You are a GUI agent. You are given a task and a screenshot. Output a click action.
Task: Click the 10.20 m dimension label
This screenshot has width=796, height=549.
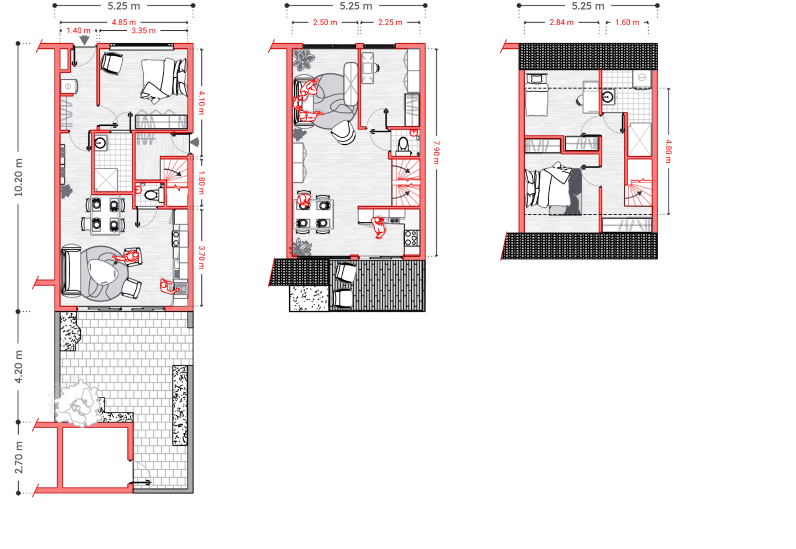[18, 178]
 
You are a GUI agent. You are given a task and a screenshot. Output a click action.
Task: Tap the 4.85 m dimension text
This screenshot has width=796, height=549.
[124, 22]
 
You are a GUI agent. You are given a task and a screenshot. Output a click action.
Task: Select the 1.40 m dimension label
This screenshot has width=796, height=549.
[78, 31]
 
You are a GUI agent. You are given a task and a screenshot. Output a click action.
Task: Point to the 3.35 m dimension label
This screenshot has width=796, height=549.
[143, 31]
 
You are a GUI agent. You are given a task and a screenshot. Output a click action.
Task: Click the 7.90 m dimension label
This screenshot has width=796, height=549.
[437, 153]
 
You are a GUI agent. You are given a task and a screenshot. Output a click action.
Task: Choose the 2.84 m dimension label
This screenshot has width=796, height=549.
[562, 22]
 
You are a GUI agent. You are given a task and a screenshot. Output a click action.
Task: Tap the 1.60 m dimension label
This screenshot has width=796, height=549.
[627, 22]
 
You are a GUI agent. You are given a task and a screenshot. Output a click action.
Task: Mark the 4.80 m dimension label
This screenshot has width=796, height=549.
[669, 152]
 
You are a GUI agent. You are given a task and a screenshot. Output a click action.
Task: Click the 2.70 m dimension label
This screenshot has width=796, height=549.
[18, 458]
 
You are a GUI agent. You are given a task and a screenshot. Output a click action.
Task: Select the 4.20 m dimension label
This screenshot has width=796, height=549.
[18, 367]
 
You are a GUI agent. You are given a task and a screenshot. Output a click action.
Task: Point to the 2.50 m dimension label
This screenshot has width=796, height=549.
[325, 22]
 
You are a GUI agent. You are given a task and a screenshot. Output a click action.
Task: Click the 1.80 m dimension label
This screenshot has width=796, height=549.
[201, 183]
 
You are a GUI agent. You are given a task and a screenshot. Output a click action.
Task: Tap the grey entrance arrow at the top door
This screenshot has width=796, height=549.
[85, 40]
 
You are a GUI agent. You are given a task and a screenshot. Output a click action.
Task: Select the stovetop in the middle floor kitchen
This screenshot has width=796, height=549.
[412, 237]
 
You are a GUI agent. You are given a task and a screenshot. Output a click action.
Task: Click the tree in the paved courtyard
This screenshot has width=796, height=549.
[77, 403]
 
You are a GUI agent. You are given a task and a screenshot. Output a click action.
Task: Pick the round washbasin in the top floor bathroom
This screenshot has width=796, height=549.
[607, 97]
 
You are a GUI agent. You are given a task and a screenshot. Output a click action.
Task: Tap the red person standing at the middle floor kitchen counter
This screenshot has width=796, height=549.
[379, 228]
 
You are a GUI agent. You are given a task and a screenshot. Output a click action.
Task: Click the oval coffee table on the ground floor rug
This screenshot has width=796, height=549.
[103, 272]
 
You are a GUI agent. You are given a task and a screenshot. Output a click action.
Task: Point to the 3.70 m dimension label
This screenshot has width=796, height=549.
[201, 258]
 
